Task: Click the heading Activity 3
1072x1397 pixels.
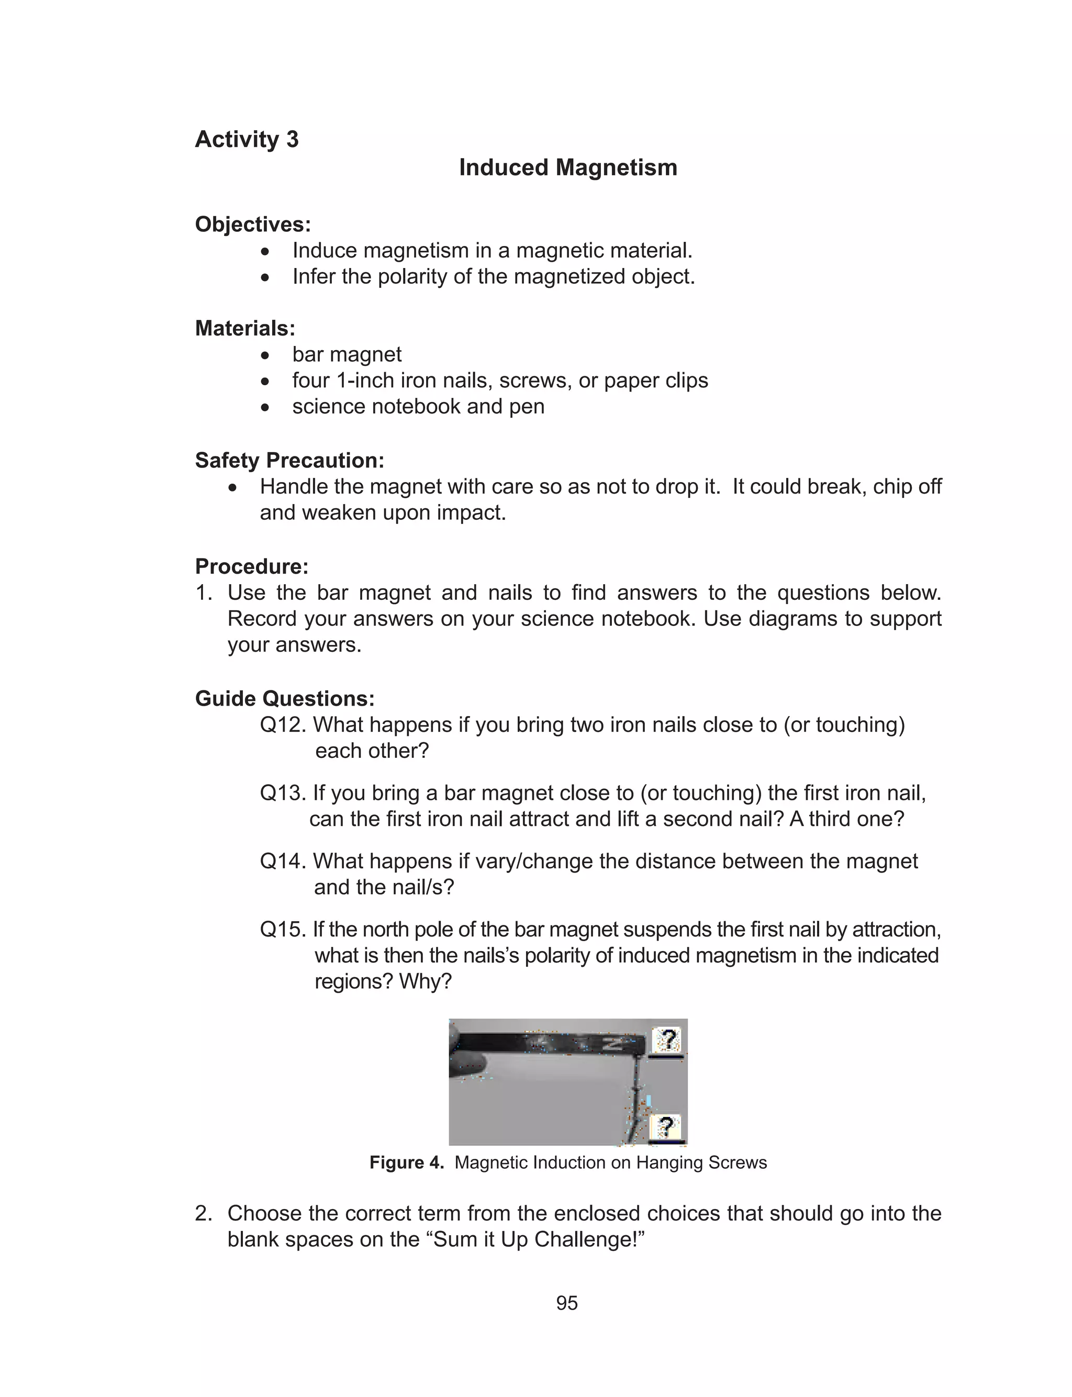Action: [x=247, y=140]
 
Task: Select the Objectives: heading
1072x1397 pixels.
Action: [x=253, y=225]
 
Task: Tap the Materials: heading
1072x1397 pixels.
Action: [x=245, y=329]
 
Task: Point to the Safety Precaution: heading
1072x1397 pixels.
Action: [x=289, y=461]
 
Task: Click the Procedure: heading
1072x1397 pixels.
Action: [x=251, y=566]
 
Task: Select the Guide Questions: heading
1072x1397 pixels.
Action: [x=285, y=698]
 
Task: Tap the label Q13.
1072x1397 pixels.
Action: [x=283, y=794]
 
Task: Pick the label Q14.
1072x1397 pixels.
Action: [x=283, y=862]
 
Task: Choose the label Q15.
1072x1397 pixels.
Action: [x=283, y=930]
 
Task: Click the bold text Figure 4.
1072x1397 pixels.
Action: [x=406, y=1163]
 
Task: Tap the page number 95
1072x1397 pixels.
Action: [x=567, y=1303]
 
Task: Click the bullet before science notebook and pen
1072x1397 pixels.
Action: [x=265, y=408]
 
